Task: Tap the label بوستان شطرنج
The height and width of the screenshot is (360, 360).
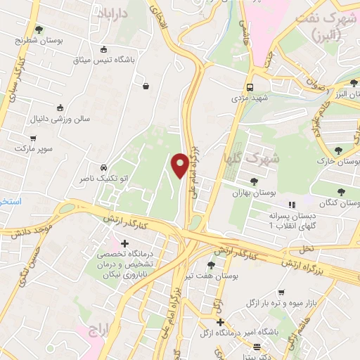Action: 40,41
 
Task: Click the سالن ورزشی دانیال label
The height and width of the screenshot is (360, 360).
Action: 59,119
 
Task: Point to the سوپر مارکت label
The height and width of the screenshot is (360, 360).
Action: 33,149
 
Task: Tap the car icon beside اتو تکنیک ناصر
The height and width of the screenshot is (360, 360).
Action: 104,168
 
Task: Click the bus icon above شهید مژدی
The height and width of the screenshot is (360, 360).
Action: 250,87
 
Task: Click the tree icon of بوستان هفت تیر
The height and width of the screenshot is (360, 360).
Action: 211,265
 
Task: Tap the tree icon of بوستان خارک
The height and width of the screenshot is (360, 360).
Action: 339,150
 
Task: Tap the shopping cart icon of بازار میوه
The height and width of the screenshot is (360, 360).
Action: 281,292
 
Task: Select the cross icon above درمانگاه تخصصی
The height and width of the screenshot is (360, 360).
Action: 125,244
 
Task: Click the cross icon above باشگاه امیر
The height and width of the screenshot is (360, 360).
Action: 220,323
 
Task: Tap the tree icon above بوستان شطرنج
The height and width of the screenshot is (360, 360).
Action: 39,30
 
